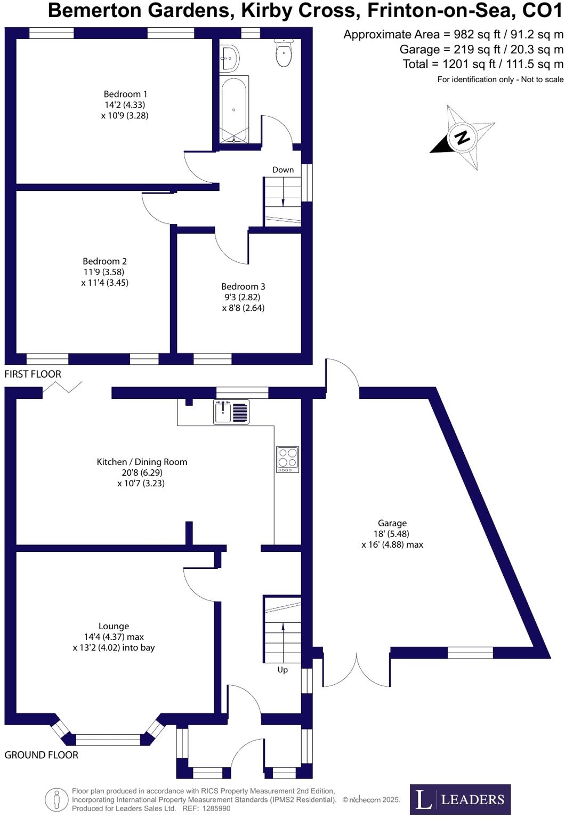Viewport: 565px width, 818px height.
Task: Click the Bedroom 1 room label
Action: pos(125,94)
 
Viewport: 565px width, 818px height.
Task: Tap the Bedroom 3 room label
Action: pos(243,287)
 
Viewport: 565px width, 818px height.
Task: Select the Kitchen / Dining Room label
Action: pos(142,462)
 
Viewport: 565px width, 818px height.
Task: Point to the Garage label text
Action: pos(392,523)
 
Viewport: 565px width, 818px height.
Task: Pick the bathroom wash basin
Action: pos(230,58)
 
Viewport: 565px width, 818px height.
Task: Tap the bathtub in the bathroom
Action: pos(234,110)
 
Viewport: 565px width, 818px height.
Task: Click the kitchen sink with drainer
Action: pos(231,412)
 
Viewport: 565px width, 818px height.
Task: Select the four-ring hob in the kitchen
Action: pos(287,459)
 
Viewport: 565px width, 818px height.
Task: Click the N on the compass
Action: pos(462,137)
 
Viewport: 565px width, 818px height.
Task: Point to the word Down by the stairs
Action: pos(283,170)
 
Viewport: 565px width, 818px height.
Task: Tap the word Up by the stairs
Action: pos(282,670)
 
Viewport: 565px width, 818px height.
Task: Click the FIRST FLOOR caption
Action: pos(33,374)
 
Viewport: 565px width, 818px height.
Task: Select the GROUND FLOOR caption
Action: pos(41,755)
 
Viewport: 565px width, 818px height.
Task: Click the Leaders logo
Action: pos(460,799)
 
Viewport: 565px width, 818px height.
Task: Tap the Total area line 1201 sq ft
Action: pos(482,64)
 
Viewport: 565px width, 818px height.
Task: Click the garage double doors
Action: pos(356,669)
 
